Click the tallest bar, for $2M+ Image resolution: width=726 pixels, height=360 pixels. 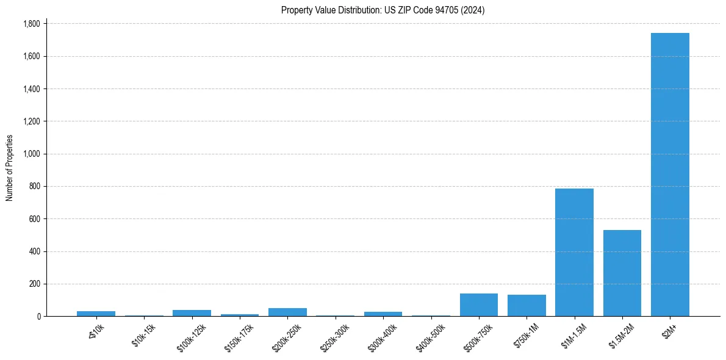click(670, 175)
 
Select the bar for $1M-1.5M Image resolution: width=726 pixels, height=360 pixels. click(574, 252)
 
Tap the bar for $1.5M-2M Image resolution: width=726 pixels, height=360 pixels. click(622, 273)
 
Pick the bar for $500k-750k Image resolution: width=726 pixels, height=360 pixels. click(478, 305)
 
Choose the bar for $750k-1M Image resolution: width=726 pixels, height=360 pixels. click(527, 306)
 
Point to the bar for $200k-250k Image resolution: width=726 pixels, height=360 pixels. click(287, 312)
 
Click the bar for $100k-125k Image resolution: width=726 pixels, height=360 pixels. click(192, 313)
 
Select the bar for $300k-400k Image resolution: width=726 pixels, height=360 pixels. click(383, 314)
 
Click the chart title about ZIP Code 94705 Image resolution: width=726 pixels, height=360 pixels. click(383, 10)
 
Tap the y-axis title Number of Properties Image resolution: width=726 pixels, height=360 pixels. click(10, 168)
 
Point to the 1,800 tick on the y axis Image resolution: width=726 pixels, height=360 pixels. click(32, 24)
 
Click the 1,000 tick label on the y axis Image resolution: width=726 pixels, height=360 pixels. click(32, 154)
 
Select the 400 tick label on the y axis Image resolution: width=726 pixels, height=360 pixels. click(35, 251)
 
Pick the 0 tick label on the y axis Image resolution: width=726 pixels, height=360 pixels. click(39, 317)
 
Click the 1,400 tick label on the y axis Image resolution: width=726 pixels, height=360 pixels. click(32, 89)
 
